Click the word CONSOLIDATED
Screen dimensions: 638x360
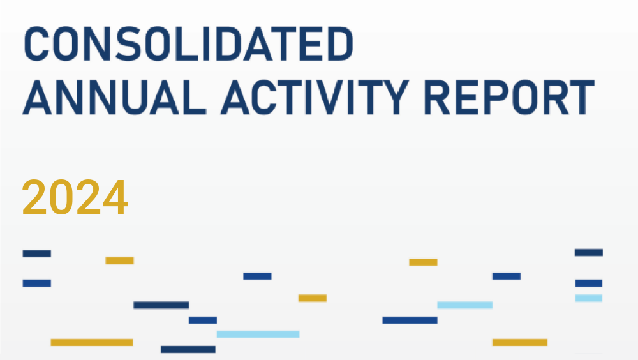click(x=188, y=44)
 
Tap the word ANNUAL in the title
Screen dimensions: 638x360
click(x=114, y=97)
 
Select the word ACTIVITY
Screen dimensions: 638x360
click(x=315, y=97)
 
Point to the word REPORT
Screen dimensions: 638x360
click(x=509, y=97)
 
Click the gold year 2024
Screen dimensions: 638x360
click(x=75, y=197)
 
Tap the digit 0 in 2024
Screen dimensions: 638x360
click(x=62, y=197)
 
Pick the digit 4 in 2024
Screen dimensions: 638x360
click(x=115, y=197)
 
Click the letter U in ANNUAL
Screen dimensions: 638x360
click(x=131, y=98)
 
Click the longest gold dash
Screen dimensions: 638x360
click(x=91, y=343)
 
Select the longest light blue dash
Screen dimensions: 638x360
click(x=258, y=334)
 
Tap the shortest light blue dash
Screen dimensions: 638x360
click(x=588, y=298)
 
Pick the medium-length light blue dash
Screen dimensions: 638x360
click(x=464, y=305)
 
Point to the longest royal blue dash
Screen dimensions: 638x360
click(x=410, y=320)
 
